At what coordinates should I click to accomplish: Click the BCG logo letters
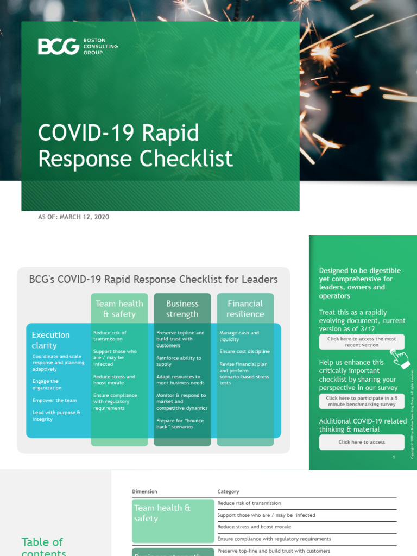58,47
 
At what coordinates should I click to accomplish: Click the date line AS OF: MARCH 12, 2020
73,217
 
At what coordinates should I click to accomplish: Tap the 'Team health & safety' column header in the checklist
119,309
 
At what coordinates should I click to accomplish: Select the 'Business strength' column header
182,309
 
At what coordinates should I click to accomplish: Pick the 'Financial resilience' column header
245,309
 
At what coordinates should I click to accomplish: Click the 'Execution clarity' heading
50,340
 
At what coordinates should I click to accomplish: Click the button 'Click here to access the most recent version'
362,342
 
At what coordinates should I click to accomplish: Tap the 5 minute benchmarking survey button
362,401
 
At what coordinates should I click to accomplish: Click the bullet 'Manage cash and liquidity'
239,336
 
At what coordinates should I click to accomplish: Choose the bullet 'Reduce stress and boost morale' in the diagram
114,380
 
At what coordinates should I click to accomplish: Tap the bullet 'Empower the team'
55,401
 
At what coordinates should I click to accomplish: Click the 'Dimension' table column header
144,491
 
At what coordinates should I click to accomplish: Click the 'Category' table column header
228,491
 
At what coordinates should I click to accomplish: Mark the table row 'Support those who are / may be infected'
266,515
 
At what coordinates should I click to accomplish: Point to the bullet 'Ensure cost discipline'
244,352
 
